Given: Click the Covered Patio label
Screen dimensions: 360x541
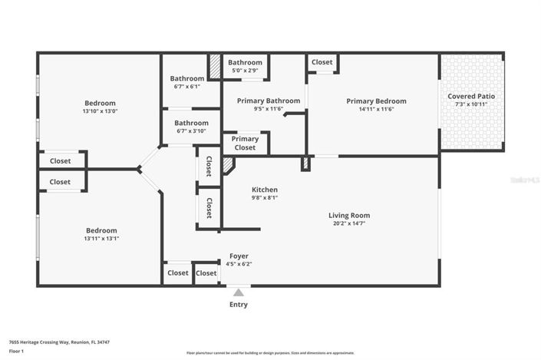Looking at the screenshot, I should click(x=471, y=96).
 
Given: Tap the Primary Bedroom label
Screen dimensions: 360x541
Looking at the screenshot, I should click(x=376, y=101).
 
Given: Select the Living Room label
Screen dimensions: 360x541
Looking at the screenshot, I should click(x=349, y=216).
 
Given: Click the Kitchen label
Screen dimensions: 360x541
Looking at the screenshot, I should click(x=265, y=190).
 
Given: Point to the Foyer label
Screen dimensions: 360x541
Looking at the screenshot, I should click(x=239, y=256).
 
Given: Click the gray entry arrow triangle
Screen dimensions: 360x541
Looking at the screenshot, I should click(x=239, y=292).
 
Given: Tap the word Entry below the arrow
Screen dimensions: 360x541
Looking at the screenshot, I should click(x=239, y=305).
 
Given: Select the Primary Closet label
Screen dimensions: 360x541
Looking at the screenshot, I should click(x=245, y=144).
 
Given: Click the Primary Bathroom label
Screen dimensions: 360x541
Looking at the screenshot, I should click(x=268, y=101).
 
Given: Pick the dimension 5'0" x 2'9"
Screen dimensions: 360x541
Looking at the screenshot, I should click(x=245, y=71).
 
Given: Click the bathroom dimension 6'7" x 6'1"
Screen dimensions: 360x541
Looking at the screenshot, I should click(x=187, y=87).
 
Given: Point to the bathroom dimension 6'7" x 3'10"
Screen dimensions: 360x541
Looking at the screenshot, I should click(x=191, y=131).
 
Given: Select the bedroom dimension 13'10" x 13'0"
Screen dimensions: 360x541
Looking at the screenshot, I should click(x=100, y=111).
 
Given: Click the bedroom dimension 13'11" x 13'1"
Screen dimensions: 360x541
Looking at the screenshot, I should click(x=101, y=239).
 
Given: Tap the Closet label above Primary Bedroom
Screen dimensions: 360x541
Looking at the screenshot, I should click(x=322, y=62).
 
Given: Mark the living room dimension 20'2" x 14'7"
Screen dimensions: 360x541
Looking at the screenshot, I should click(x=349, y=224).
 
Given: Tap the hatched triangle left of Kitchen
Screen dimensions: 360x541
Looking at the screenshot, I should click(x=228, y=163).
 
